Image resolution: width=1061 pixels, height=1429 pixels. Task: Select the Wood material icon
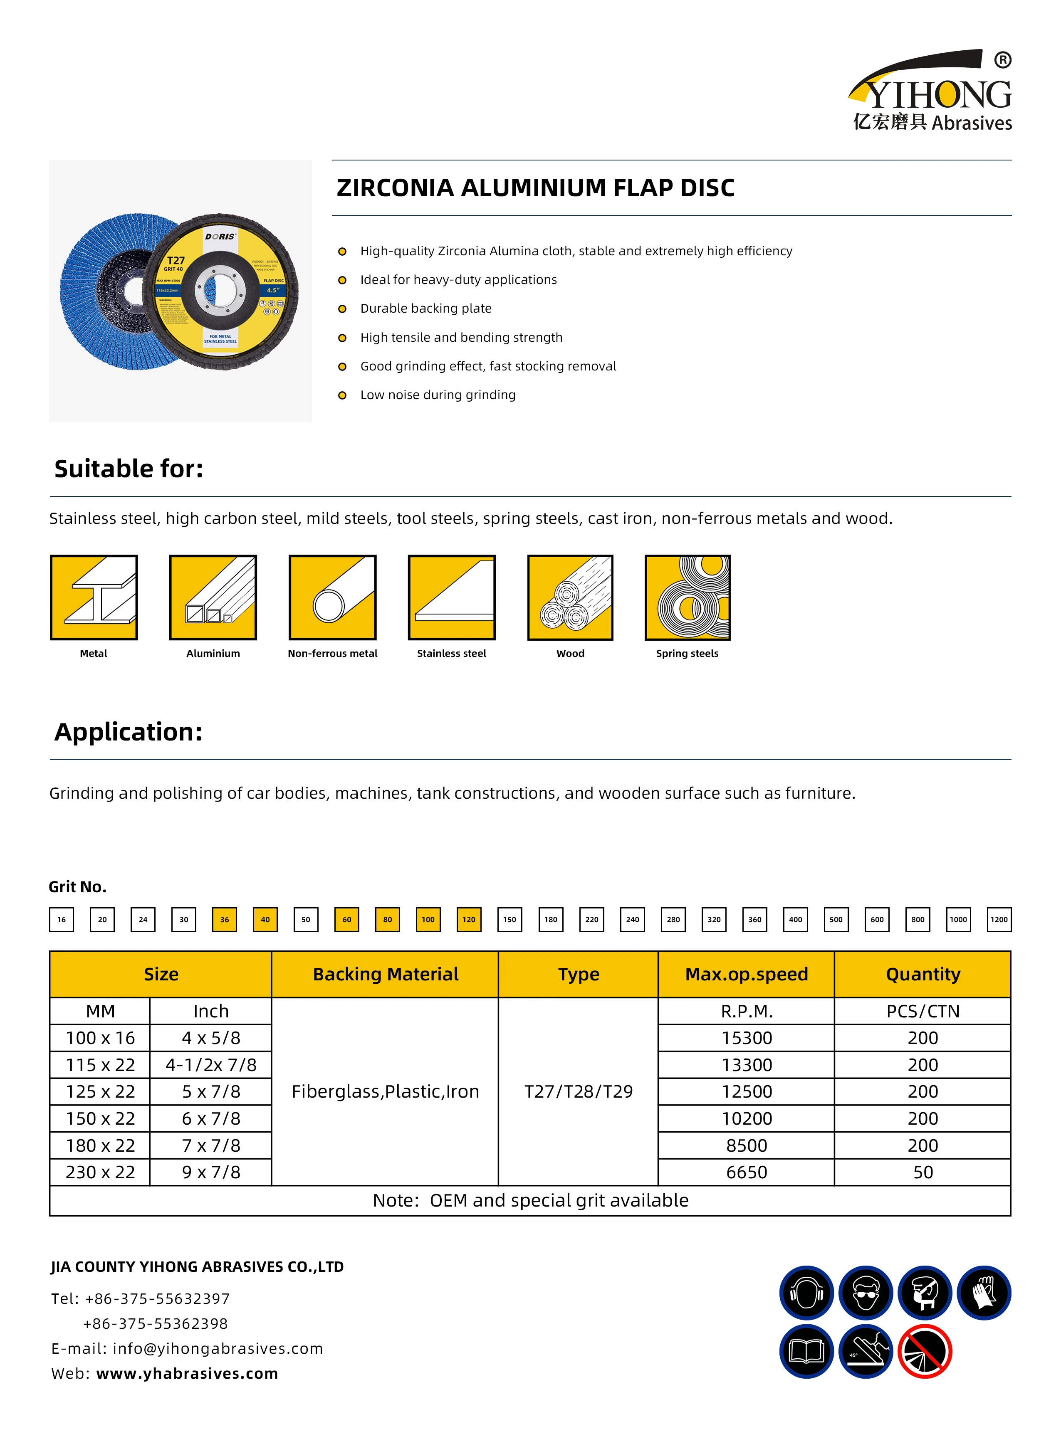[x=570, y=597]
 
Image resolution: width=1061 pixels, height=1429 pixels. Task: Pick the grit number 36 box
[x=224, y=919]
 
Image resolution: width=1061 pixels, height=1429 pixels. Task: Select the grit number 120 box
[x=469, y=919]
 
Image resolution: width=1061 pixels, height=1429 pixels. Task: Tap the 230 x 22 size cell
[x=100, y=1172]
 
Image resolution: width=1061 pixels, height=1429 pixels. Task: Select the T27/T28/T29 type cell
[x=578, y=1091]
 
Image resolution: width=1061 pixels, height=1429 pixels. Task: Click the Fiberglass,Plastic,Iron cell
[x=386, y=1091]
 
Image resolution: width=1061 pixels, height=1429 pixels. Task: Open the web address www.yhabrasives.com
[x=187, y=1373]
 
